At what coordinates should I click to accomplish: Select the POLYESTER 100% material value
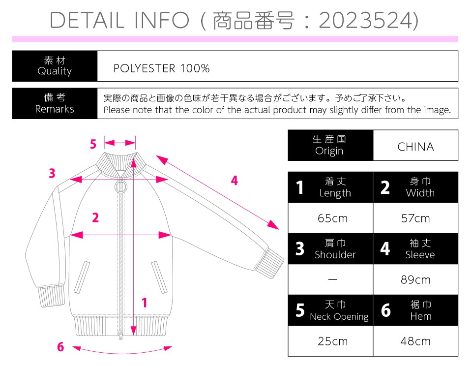(x=161, y=68)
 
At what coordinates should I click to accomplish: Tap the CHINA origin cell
(x=415, y=147)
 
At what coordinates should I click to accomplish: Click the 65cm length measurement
(x=332, y=218)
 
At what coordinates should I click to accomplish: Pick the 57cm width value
(x=415, y=218)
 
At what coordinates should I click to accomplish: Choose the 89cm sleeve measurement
(x=415, y=280)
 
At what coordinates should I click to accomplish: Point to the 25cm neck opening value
(x=332, y=341)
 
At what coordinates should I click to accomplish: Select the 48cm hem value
(x=415, y=341)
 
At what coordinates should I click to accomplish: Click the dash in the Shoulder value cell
(x=332, y=280)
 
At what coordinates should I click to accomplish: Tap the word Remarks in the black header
(x=55, y=109)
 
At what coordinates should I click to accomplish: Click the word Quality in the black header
(x=55, y=71)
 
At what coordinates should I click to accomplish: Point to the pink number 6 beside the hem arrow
(x=60, y=347)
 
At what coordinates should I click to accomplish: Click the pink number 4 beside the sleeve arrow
(x=234, y=180)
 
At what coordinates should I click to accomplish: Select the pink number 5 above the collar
(x=93, y=144)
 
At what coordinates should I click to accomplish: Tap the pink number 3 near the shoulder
(x=52, y=173)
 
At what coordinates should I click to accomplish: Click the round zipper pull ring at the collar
(x=121, y=186)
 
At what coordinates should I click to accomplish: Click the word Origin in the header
(x=329, y=151)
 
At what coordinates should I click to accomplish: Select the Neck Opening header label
(x=339, y=316)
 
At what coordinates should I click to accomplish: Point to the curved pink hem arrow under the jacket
(x=122, y=353)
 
